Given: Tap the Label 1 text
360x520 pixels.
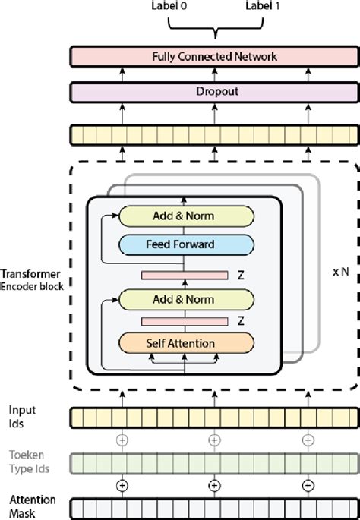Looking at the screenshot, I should pyautogui.click(x=258, y=6).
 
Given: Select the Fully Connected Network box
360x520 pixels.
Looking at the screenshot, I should pyautogui.click(x=215, y=56).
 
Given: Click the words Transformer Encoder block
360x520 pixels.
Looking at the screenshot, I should pyautogui.click(x=32, y=280).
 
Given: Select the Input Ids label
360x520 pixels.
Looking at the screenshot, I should pyautogui.click(x=22, y=415).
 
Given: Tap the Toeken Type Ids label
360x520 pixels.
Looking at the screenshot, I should pyautogui.click(x=27, y=462).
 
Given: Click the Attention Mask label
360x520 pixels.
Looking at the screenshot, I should pyautogui.click(x=31, y=506).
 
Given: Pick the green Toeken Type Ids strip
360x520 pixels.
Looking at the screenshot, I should pyautogui.click(x=215, y=462).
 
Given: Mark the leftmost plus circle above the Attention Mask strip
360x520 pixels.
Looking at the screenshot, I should pyautogui.click(x=119, y=485).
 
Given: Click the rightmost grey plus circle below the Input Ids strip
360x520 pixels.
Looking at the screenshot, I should pyautogui.click(x=308, y=440).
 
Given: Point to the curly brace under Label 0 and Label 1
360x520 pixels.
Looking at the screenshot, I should pyautogui.click(x=216, y=29).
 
